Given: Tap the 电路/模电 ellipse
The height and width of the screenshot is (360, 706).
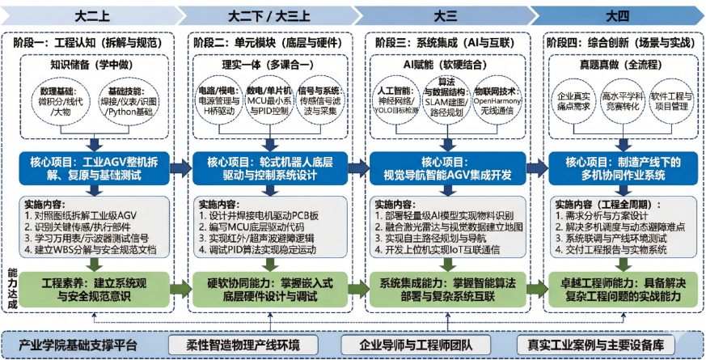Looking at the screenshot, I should coord(216,102).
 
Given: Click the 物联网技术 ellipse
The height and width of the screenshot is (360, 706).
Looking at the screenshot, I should coord(495,104).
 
